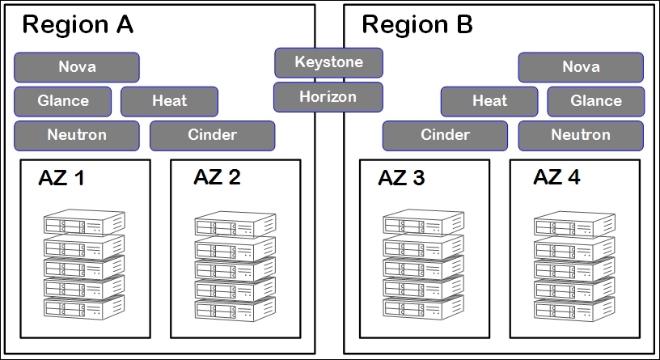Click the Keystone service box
(x=328, y=62)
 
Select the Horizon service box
(x=328, y=97)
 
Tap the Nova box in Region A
(x=77, y=67)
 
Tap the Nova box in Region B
(x=581, y=67)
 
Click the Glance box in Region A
(x=63, y=101)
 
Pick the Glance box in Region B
(x=596, y=101)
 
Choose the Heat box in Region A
(x=169, y=101)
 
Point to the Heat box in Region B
(x=489, y=101)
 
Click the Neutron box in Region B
(x=581, y=135)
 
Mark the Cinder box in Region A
(x=212, y=135)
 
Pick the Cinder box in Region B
(x=445, y=135)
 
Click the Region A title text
(x=78, y=25)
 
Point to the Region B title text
(x=417, y=25)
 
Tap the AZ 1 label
(x=61, y=179)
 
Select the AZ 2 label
(x=217, y=177)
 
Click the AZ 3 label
(x=402, y=178)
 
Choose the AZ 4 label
(x=556, y=177)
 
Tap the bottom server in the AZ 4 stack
(x=575, y=308)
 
